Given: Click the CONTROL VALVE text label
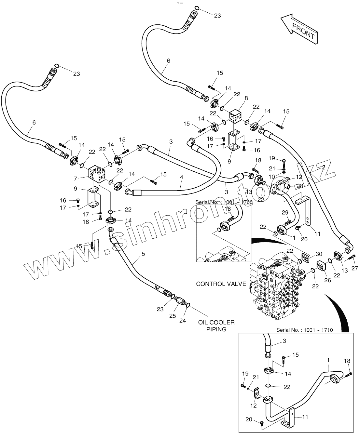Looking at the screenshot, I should (x=221, y=284).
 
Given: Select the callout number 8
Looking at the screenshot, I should (x=246, y=98).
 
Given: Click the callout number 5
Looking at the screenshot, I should (x=143, y=254).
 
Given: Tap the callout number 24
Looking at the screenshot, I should (x=183, y=321).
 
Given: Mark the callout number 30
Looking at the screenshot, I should (x=319, y=254).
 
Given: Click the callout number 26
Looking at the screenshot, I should (x=327, y=280).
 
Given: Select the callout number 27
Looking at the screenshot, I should (x=354, y=268).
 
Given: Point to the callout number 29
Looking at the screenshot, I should (x=285, y=212).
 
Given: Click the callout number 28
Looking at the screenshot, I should (x=300, y=186).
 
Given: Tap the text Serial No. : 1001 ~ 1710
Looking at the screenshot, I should (x=304, y=330).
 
